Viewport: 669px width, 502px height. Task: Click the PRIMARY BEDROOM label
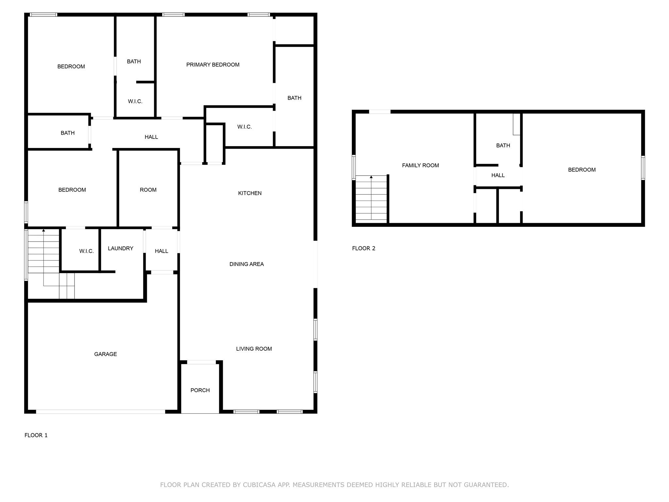(x=213, y=65)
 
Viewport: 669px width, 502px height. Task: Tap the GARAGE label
(x=105, y=354)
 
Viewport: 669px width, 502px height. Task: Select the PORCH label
(x=200, y=390)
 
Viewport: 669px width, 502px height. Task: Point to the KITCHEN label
(x=250, y=193)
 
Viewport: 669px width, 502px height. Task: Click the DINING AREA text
(x=246, y=264)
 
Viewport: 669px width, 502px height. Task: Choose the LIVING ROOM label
(x=254, y=349)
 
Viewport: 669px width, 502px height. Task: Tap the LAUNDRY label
(x=121, y=248)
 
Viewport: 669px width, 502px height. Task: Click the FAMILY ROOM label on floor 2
(x=420, y=165)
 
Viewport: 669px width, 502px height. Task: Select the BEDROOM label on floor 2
(x=581, y=170)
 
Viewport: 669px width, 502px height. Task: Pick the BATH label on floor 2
(x=503, y=145)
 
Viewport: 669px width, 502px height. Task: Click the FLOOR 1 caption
(x=36, y=435)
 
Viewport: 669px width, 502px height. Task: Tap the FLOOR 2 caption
(x=364, y=248)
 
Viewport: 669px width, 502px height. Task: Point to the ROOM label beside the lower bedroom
(x=148, y=190)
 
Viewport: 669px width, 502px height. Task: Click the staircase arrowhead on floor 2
(x=371, y=177)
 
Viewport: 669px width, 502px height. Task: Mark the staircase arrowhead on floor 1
(x=43, y=230)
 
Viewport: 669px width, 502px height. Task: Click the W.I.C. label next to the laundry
(x=86, y=251)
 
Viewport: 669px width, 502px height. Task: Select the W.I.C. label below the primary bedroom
(x=244, y=127)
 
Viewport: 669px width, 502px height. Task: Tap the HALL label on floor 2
(x=498, y=176)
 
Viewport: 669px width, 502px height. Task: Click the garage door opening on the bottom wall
(x=100, y=411)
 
